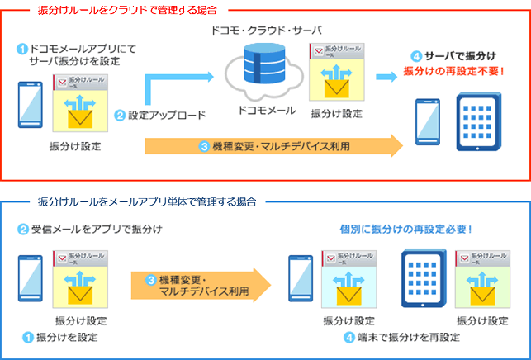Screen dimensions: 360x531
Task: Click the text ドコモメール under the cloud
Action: point(262,109)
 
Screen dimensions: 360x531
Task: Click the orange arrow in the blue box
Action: point(201,284)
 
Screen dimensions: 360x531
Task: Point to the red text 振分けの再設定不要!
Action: point(454,71)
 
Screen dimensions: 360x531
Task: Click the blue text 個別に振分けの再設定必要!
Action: point(405,228)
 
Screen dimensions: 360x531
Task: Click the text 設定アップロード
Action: point(166,115)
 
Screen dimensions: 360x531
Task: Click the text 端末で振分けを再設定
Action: point(395,337)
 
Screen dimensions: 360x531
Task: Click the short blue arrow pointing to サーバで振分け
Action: point(386,77)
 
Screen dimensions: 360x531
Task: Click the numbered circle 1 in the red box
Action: point(22,49)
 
